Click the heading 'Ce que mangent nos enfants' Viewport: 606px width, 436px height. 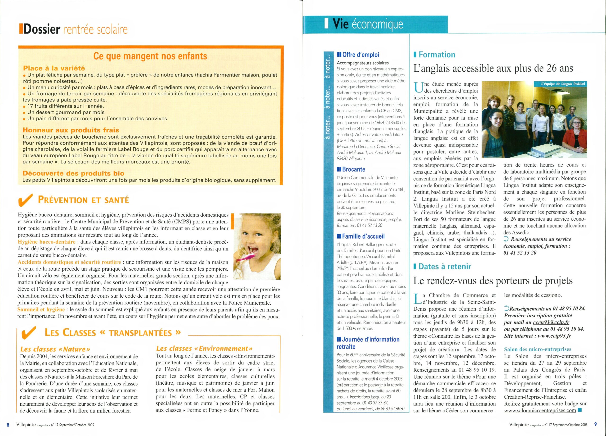(x=150, y=56)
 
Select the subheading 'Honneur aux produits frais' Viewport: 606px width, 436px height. (x=71, y=130)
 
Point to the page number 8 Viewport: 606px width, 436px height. (x=8, y=425)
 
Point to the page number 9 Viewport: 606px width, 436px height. (x=595, y=424)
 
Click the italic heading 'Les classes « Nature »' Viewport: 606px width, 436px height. (x=55, y=349)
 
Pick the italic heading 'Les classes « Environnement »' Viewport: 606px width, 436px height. (x=204, y=349)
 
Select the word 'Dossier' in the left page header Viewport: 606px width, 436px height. (x=42, y=30)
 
